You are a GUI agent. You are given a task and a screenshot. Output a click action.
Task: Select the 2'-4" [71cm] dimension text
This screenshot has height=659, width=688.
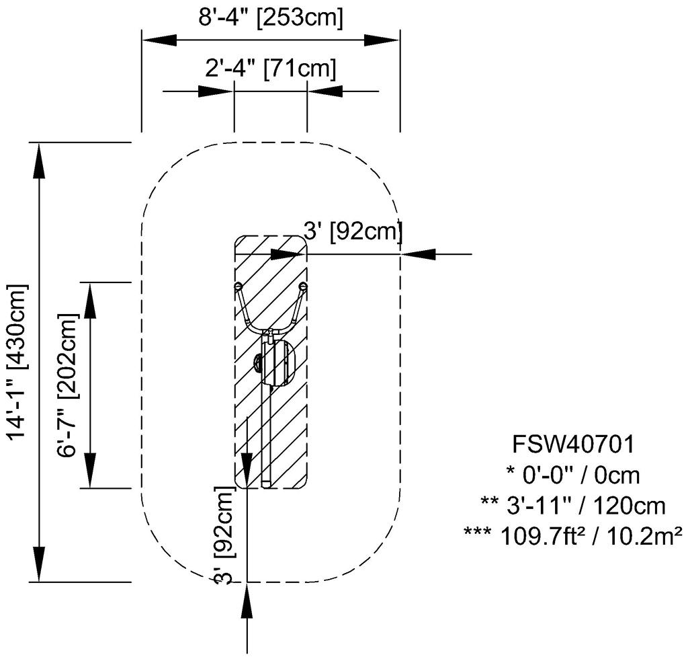coord(269,69)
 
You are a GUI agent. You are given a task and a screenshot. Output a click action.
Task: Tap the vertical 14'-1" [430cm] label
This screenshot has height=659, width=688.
coord(18,362)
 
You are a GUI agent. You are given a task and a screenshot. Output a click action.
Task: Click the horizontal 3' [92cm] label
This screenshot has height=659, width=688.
coord(353,231)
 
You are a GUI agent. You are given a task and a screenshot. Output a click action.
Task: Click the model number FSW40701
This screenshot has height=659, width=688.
coord(573,444)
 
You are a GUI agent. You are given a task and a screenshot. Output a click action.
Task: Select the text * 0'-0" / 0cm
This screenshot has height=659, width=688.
coord(573,475)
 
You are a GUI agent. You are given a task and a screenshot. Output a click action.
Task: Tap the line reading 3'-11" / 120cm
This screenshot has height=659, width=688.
coord(573,505)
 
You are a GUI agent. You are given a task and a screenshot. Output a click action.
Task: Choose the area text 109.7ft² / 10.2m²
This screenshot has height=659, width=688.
coord(573,535)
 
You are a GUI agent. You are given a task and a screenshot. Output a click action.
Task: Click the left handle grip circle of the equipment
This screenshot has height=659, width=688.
coord(239,286)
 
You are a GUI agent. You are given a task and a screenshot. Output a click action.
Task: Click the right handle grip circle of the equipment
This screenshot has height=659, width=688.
coord(303,286)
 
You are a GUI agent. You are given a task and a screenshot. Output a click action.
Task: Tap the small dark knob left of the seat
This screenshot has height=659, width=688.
coord(258,364)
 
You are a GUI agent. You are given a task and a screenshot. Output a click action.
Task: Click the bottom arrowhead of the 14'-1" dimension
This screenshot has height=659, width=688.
coord(40,565)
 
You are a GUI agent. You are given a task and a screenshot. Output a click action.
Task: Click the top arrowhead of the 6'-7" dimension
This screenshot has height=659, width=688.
coord(90,300)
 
